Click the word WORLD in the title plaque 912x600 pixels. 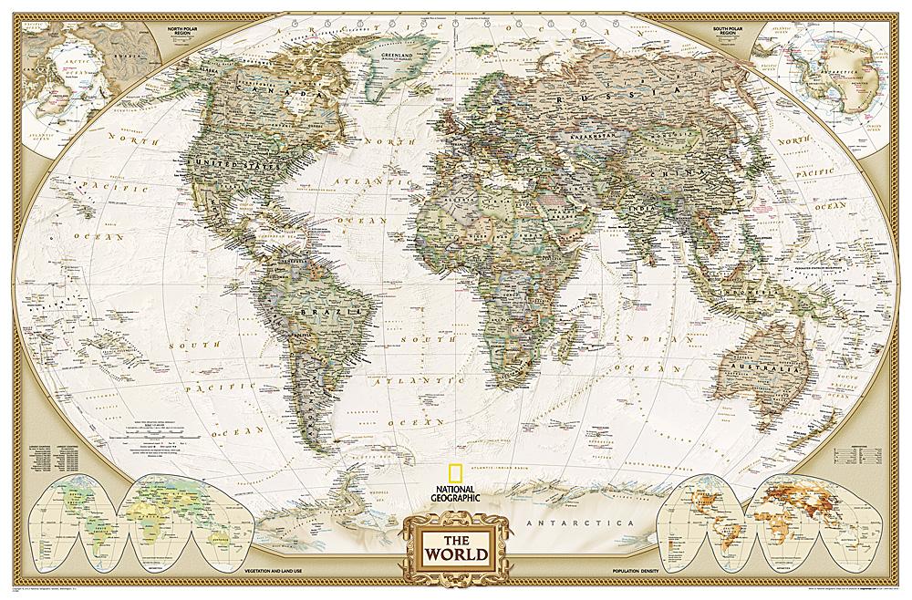tap(453, 553)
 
